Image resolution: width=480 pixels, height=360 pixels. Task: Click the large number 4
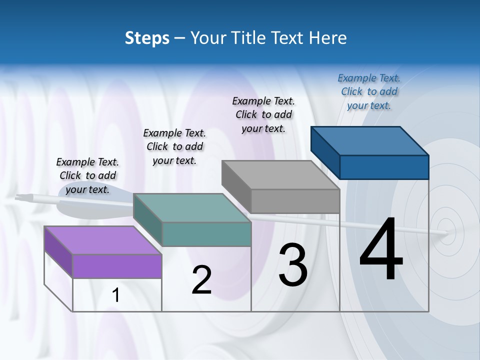click(381, 250)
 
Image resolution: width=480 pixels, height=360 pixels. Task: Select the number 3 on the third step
click(293, 265)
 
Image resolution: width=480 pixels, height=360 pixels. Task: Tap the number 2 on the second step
click(201, 280)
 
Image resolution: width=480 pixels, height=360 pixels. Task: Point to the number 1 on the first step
click(116, 295)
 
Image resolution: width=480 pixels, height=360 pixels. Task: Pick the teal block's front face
click(206, 234)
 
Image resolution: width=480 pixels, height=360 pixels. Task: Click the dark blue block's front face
click(384, 166)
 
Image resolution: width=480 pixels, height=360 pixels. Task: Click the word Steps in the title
click(147, 38)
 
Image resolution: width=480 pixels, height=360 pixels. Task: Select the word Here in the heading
click(327, 38)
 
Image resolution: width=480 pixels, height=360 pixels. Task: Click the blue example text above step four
click(369, 91)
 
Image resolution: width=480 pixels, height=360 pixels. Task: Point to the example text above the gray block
click(263, 114)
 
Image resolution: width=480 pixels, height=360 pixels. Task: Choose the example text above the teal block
click(174, 146)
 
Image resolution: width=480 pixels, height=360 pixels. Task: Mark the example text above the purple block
click(87, 175)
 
